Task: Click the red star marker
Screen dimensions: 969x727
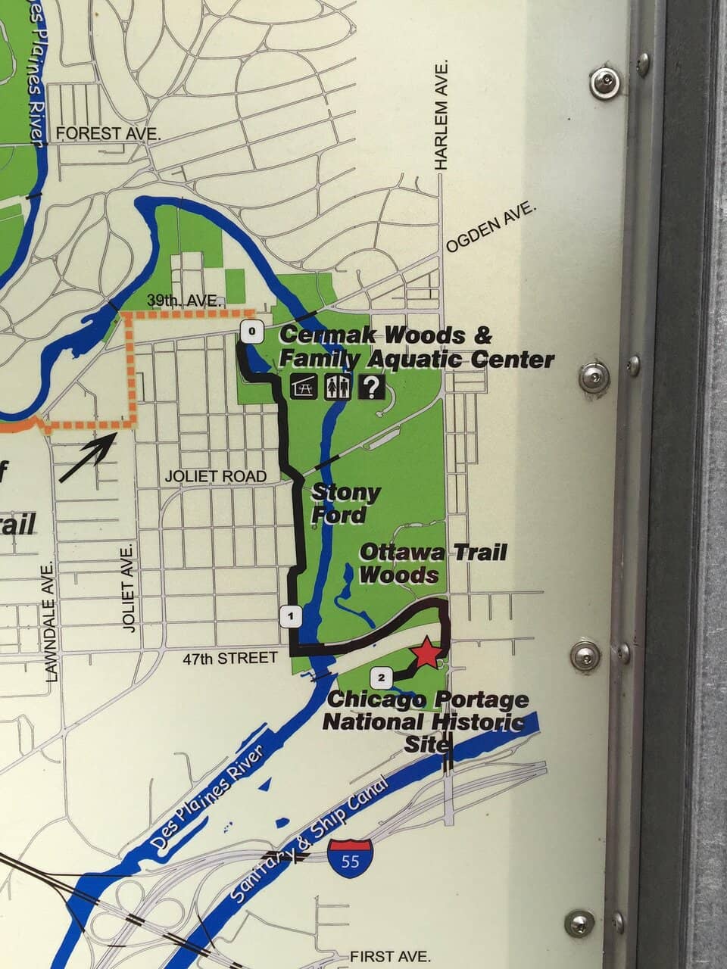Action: coord(426,652)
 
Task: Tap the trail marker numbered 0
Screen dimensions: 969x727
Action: coord(252,331)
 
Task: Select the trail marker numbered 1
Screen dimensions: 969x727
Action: coord(291,616)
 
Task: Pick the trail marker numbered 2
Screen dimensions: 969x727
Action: coord(381,676)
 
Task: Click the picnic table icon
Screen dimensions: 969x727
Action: coord(303,387)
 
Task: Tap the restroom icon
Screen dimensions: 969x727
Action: coord(337,387)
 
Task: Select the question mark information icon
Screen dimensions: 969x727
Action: coord(371,387)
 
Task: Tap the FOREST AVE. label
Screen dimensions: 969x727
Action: coord(109,134)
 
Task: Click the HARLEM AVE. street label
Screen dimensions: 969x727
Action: coord(442,115)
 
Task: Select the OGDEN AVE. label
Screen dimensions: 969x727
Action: coord(491,227)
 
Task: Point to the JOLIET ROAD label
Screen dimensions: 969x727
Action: coord(216,476)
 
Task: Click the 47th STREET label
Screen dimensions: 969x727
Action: coord(230,659)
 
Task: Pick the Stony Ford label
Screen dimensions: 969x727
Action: coord(345,503)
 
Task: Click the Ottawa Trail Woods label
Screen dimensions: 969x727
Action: coord(432,562)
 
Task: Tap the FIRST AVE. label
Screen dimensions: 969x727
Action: coord(390,956)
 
